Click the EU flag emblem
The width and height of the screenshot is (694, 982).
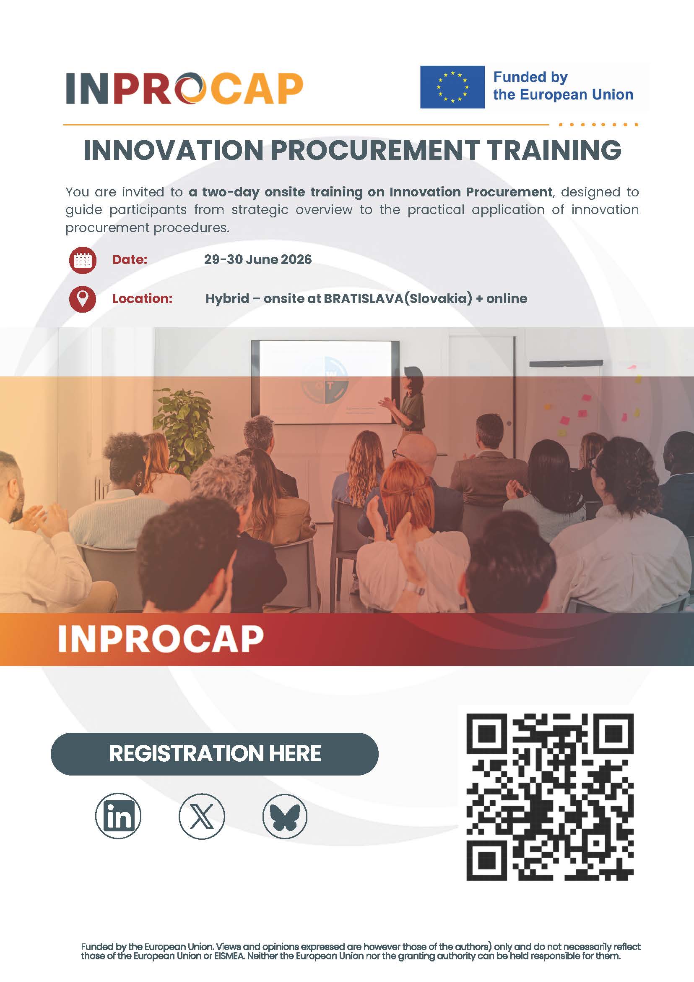click(x=452, y=87)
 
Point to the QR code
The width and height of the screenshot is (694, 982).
click(x=550, y=797)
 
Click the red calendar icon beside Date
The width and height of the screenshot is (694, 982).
click(x=83, y=260)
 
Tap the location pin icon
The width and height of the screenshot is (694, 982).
click(x=83, y=298)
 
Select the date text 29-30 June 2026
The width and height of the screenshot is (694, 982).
click(x=258, y=259)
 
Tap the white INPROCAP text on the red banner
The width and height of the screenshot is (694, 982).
click(x=161, y=639)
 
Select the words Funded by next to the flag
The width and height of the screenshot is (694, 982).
click(x=530, y=77)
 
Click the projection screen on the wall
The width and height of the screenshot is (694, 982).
click(x=325, y=382)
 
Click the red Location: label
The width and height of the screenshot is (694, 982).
click(x=142, y=298)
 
